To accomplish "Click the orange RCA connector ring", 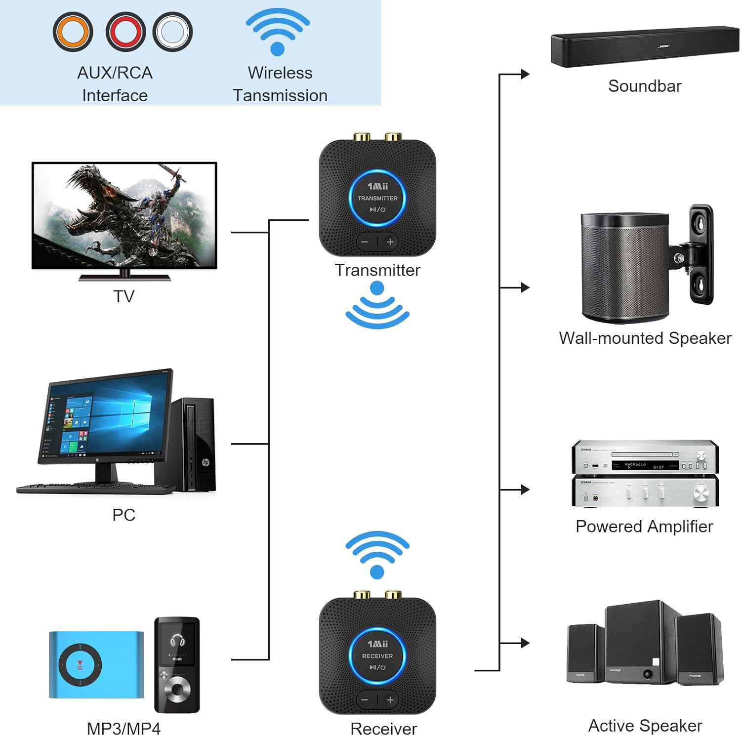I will click(x=73, y=32).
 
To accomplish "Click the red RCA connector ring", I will click(x=125, y=32).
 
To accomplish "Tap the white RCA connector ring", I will click(x=172, y=32).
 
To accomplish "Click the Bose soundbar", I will click(x=645, y=46).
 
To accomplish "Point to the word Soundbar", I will click(x=645, y=86).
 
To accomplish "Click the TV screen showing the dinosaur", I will click(x=124, y=215).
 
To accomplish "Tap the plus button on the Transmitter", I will click(x=390, y=242).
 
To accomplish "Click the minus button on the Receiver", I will click(x=365, y=700).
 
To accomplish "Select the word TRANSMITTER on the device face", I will click(x=377, y=199).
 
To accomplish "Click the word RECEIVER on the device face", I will click(x=377, y=656).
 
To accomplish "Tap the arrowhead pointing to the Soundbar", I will click(x=525, y=74).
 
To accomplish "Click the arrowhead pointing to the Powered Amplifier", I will click(x=525, y=490).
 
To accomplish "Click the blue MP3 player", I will click(x=96, y=665).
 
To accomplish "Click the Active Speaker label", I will click(x=645, y=726).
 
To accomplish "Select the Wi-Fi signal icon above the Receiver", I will click(x=377, y=553).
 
